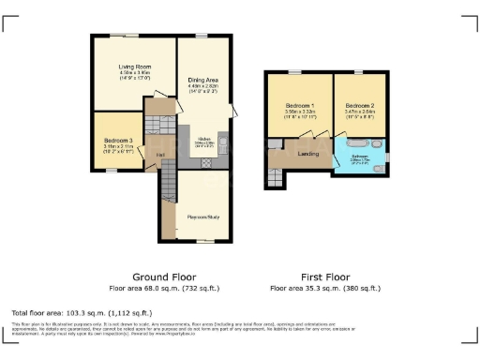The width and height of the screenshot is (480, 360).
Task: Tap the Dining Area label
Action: click(x=203, y=80)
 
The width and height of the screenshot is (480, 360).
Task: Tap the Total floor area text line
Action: click(x=82, y=311)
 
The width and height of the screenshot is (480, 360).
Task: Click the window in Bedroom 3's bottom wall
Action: click(x=111, y=170)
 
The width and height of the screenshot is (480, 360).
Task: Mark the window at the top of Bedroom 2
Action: click(x=357, y=72)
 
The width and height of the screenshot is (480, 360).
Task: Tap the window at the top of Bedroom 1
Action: click(x=298, y=72)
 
